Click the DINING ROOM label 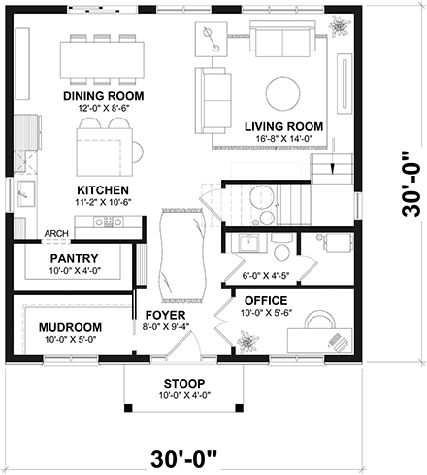click(x=103, y=96)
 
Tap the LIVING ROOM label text click(x=283, y=126)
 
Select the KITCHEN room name click(x=102, y=190)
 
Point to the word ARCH click(x=55, y=234)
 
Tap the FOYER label click(x=164, y=316)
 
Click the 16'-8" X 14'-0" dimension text click(x=283, y=139)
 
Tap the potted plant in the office click(x=247, y=341)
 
